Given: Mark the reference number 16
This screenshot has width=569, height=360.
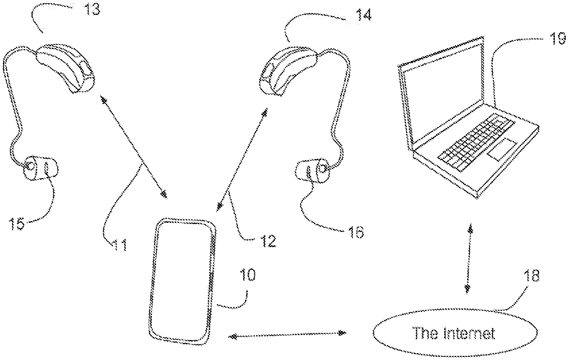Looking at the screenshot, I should click(x=354, y=232).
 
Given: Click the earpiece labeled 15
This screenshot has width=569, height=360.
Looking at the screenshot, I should click(x=41, y=168).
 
